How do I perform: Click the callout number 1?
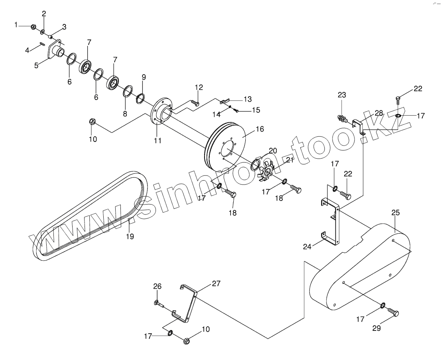pos(16,25)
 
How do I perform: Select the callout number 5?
pos(36,65)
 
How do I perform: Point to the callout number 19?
pos(130,236)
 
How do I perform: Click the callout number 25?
pos(395,213)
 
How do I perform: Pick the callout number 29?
pos(376,329)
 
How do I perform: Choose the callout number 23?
pos(342,95)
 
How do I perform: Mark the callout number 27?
pos(216,283)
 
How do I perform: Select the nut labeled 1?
pos(34,27)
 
